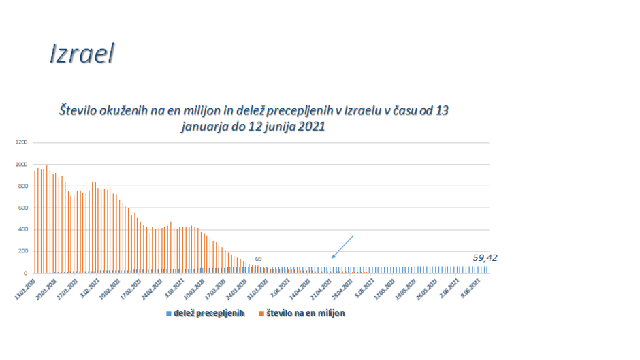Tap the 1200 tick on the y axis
tap(21, 142)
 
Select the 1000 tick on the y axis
tap(21, 164)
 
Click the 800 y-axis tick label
tap(22, 186)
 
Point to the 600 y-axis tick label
tap(22, 208)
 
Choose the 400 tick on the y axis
tap(22, 229)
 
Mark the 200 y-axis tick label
tap(22, 251)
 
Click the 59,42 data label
tap(485, 257)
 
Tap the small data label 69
tap(259, 259)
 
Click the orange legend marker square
tap(261, 314)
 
